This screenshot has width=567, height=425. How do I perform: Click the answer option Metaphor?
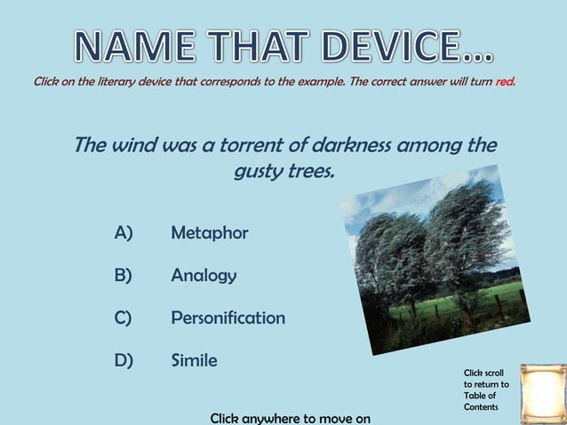coord(209,233)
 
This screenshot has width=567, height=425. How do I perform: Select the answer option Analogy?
coord(204,276)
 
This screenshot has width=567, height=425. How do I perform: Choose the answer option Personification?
coord(228,317)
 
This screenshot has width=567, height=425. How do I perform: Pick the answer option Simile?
coord(194,360)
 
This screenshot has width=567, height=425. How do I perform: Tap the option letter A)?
coord(124,233)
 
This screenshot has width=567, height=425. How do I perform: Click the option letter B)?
coord(124,276)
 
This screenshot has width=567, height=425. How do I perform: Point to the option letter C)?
coord(124,317)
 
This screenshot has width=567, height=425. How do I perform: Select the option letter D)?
coord(124,360)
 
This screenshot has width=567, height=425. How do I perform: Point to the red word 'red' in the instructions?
coord(506,82)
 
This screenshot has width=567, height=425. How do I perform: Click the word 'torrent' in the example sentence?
coord(238,144)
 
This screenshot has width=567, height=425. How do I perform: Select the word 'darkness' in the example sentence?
coord(342,144)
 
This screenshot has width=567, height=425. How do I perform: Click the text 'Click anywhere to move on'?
coord(290,417)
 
